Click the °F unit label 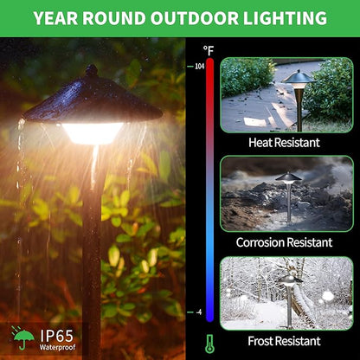[209, 51]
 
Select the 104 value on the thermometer [198, 66]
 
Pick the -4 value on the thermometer [200, 312]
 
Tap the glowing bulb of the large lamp [93, 132]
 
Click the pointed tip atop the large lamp [91, 69]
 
